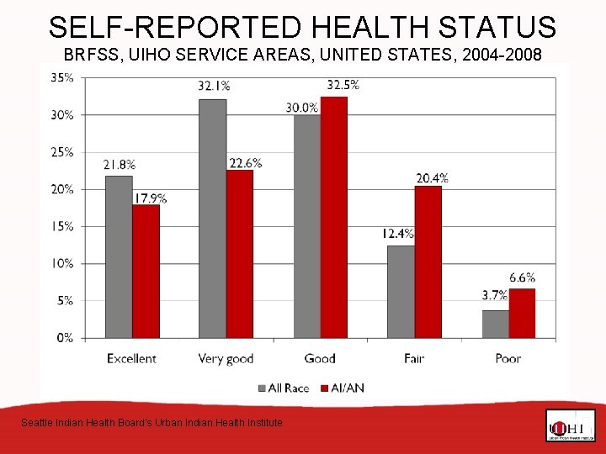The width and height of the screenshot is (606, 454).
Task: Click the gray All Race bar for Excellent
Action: point(118,256)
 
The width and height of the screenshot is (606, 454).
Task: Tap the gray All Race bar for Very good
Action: point(212,219)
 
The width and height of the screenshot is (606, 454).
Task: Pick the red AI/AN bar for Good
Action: point(333,217)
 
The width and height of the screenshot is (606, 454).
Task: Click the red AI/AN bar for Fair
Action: point(428,261)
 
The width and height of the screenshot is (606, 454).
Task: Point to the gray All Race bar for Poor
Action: point(495,324)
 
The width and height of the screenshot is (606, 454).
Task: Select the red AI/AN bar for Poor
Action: point(522,313)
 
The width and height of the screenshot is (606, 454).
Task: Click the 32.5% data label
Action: point(343,84)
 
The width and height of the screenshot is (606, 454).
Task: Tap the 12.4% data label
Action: point(397,234)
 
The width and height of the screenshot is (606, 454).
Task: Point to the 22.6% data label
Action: point(244,163)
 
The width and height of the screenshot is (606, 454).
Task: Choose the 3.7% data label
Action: point(494,295)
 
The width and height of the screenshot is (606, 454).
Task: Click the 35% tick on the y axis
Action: point(63,77)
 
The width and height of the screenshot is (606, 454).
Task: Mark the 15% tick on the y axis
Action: point(63,226)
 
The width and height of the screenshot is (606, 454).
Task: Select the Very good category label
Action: point(226,358)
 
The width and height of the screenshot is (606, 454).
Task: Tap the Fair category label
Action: point(413,358)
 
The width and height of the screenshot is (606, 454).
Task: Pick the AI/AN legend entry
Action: point(340,388)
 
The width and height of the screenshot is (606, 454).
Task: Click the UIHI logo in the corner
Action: point(570,425)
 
